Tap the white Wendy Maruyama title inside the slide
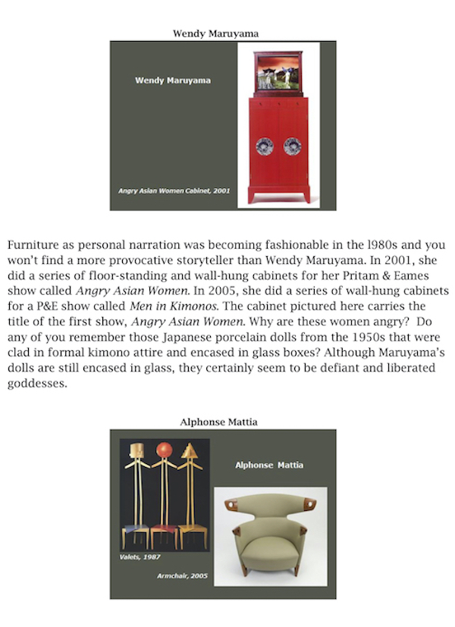(x=172, y=80)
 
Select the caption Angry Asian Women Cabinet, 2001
(x=174, y=191)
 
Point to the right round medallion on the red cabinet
(x=293, y=146)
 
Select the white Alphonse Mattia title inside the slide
(x=268, y=465)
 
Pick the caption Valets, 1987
(x=140, y=557)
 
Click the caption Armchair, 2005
(x=182, y=576)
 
